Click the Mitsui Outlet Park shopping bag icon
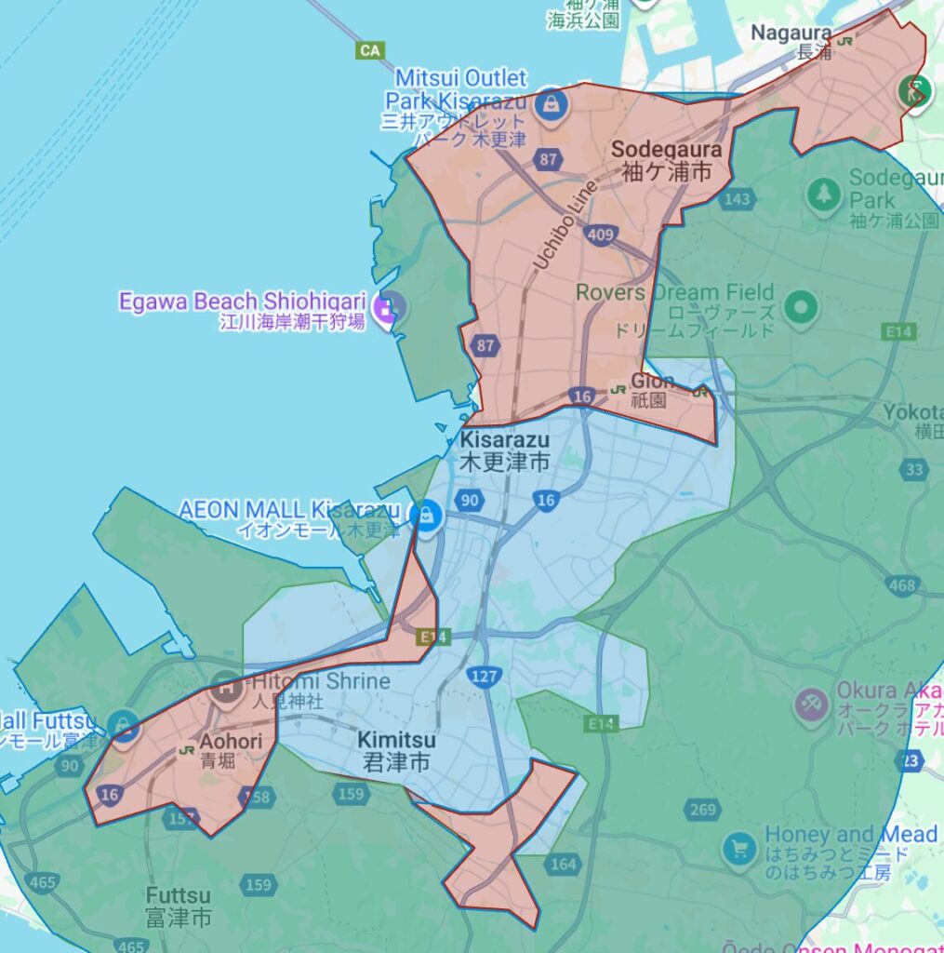click(551, 103)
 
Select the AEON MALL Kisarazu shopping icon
click(426, 514)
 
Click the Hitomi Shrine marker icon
click(226, 689)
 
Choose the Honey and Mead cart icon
click(740, 848)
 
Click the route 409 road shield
click(601, 235)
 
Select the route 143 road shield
click(737, 199)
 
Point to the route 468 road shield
click(901, 585)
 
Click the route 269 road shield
click(703, 810)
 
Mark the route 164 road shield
click(564, 865)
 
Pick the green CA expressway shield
click(370, 50)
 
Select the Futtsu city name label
click(178, 906)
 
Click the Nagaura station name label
click(791, 34)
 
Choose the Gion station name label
click(652, 381)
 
